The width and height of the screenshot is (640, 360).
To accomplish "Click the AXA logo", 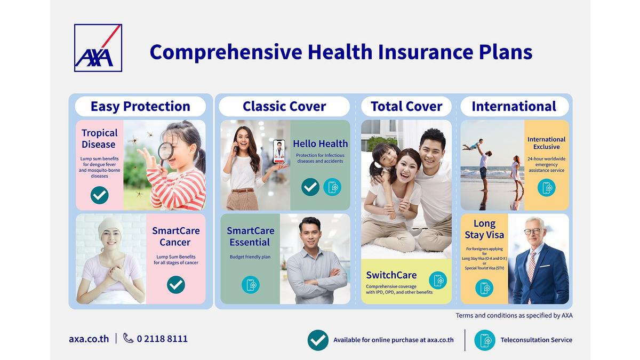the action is click(x=98, y=47).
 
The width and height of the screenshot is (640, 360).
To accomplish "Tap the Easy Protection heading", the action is click(x=140, y=106).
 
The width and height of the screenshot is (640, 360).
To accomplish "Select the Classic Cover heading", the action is click(x=284, y=106).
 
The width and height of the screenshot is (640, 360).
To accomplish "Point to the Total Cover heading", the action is click(x=406, y=106).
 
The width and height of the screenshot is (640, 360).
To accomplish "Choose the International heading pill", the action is click(x=515, y=106).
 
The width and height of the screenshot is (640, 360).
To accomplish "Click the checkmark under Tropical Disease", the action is click(x=99, y=195).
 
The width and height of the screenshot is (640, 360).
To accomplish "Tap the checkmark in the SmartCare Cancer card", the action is click(x=176, y=285).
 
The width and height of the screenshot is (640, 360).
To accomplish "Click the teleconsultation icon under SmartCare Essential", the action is click(x=251, y=285).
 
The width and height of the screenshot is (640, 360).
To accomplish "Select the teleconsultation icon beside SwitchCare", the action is click(x=438, y=281).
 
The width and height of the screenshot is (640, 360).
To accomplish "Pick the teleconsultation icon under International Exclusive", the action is click(x=547, y=188).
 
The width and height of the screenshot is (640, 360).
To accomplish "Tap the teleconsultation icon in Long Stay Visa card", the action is click(x=484, y=288).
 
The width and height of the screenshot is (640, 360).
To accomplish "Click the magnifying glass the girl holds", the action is click(x=165, y=153).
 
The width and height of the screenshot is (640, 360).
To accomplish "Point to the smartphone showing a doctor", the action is click(x=279, y=151).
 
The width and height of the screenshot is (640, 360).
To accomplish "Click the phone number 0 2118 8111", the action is click(x=162, y=339).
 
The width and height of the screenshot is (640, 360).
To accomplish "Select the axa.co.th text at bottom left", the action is click(x=89, y=339).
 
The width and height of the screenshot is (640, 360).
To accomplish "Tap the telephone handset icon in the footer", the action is click(x=129, y=338).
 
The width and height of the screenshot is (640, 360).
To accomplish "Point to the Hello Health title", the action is click(x=321, y=143).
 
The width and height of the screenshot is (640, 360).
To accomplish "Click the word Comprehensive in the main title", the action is click(x=226, y=53).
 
